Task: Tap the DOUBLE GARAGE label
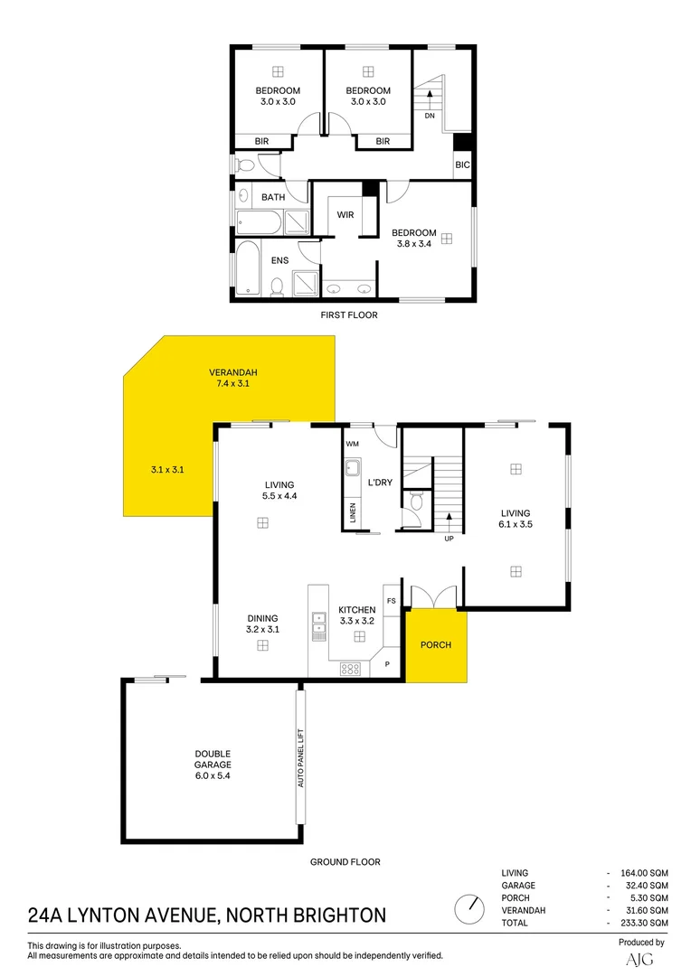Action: pyautogui.click(x=213, y=759)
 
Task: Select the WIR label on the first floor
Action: pyautogui.click(x=345, y=215)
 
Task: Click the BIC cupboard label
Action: pyautogui.click(x=462, y=165)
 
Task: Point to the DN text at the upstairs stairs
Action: pyautogui.click(x=430, y=116)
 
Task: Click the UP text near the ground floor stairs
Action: pyautogui.click(x=449, y=540)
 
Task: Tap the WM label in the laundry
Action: pyautogui.click(x=352, y=445)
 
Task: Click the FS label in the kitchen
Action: pyautogui.click(x=392, y=601)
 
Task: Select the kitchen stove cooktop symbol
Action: pyautogui.click(x=350, y=669)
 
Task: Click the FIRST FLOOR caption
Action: pyautogui.click(x=349, y=315)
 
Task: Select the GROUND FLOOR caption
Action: pyautogui.click(x=345, y=862)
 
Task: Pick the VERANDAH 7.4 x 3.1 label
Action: pyautogui.click(x=234, y=378)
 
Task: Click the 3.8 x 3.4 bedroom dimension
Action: pyautogui.click(x=413, y=243)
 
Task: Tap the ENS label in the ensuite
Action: pyautogui.click(x=279, y=261)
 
